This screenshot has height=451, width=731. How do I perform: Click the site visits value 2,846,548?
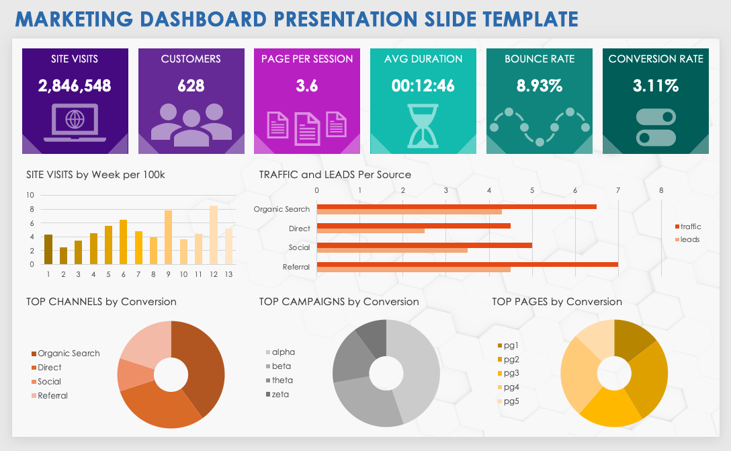75,85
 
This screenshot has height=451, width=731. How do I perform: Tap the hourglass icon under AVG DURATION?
423,126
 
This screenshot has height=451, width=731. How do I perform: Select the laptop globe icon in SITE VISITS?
75,122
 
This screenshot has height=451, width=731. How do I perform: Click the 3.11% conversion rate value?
655,85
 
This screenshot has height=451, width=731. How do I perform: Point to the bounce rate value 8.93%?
539,85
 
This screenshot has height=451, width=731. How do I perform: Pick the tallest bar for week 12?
214,235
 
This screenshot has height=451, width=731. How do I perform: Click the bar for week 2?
63,256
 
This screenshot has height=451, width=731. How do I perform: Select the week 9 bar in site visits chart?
168,237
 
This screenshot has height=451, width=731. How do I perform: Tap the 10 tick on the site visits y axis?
30,195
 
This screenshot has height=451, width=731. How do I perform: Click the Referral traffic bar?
467,264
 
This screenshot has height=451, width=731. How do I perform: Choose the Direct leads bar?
370,231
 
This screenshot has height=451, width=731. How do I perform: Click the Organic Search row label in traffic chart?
282,209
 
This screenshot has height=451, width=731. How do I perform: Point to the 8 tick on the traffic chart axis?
661,190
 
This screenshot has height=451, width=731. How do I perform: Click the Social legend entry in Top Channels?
48,382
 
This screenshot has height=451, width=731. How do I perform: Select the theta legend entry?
282,380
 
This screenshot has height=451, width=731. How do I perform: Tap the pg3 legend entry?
511,373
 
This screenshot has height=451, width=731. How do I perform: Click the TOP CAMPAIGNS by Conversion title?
339,302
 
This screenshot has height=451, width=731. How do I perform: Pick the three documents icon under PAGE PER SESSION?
307,125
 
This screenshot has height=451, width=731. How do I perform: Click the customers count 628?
191,85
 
